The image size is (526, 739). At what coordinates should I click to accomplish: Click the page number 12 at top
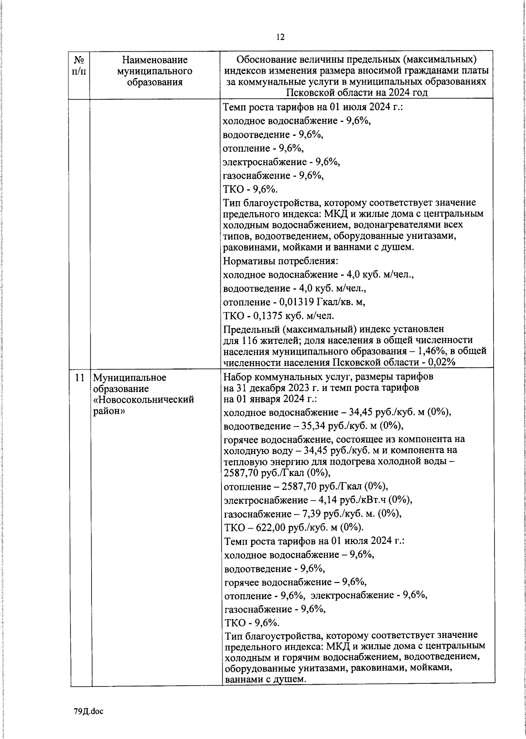tap(280, 37)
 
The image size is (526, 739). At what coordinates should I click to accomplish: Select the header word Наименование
tap(154, 60)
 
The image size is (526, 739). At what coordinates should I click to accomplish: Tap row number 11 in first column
tap(79, 378)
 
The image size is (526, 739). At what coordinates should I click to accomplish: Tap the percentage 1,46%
tap(421, 352)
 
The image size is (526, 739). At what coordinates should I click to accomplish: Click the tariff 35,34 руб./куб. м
tap(331, 426)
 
